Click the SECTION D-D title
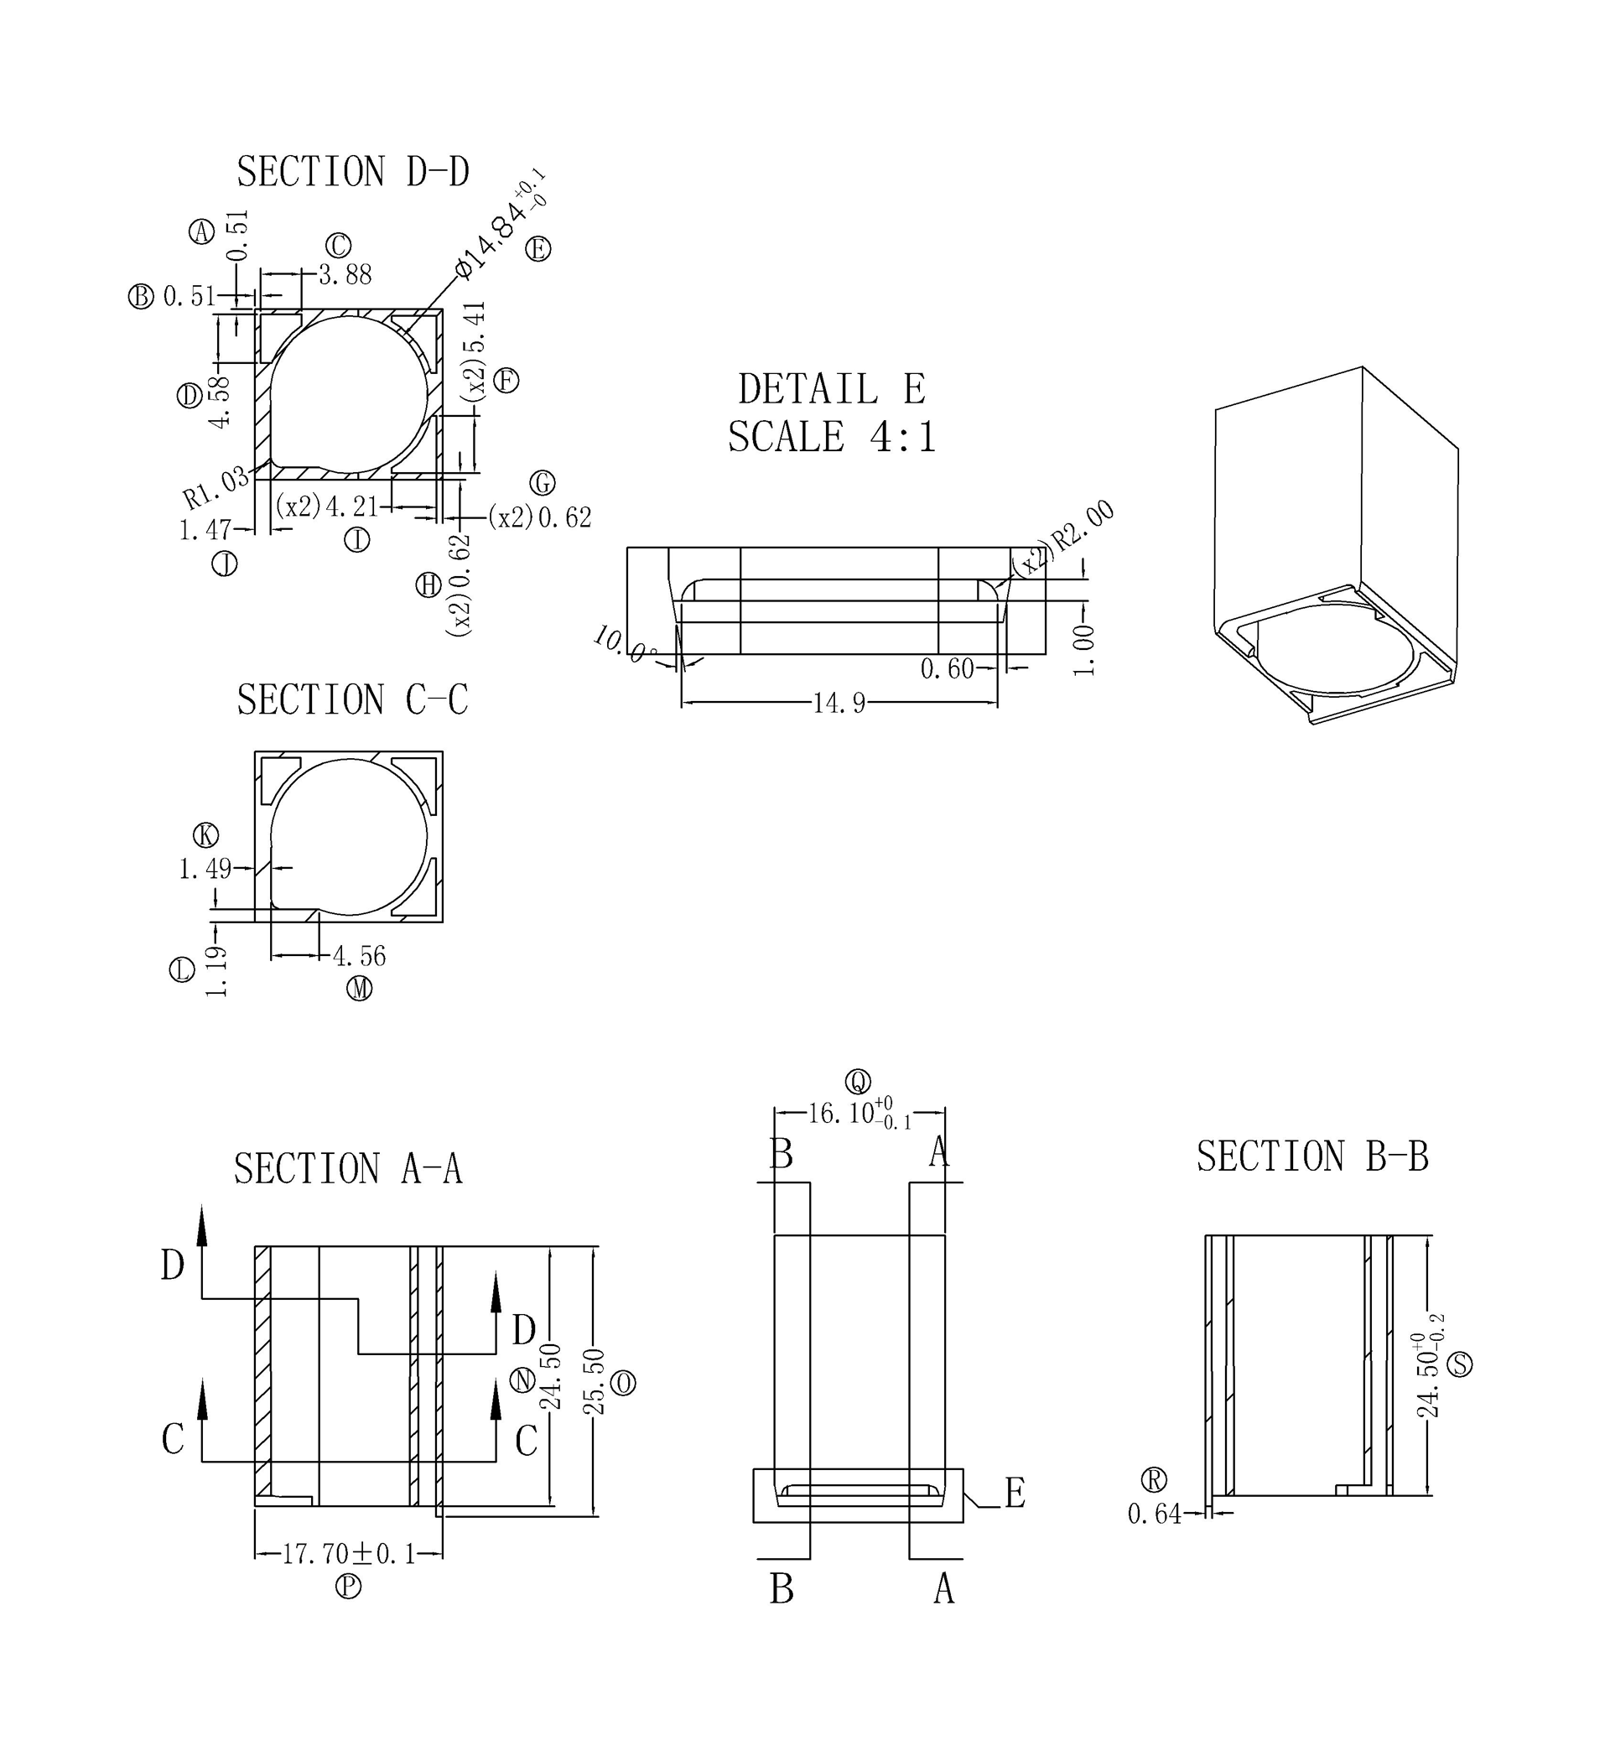point(353,172)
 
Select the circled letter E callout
point(538,250)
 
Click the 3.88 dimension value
point(345,275)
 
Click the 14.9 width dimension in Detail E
point(839,703)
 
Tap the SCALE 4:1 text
point(832,436)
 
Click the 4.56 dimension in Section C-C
point(359,957)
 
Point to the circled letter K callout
point(205,835)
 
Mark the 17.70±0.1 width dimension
point(349,1554)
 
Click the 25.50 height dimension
point(594,1382)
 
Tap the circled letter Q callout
point(858,1081)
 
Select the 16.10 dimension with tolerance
point(859,1114)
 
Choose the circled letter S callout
point(1459,1364)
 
